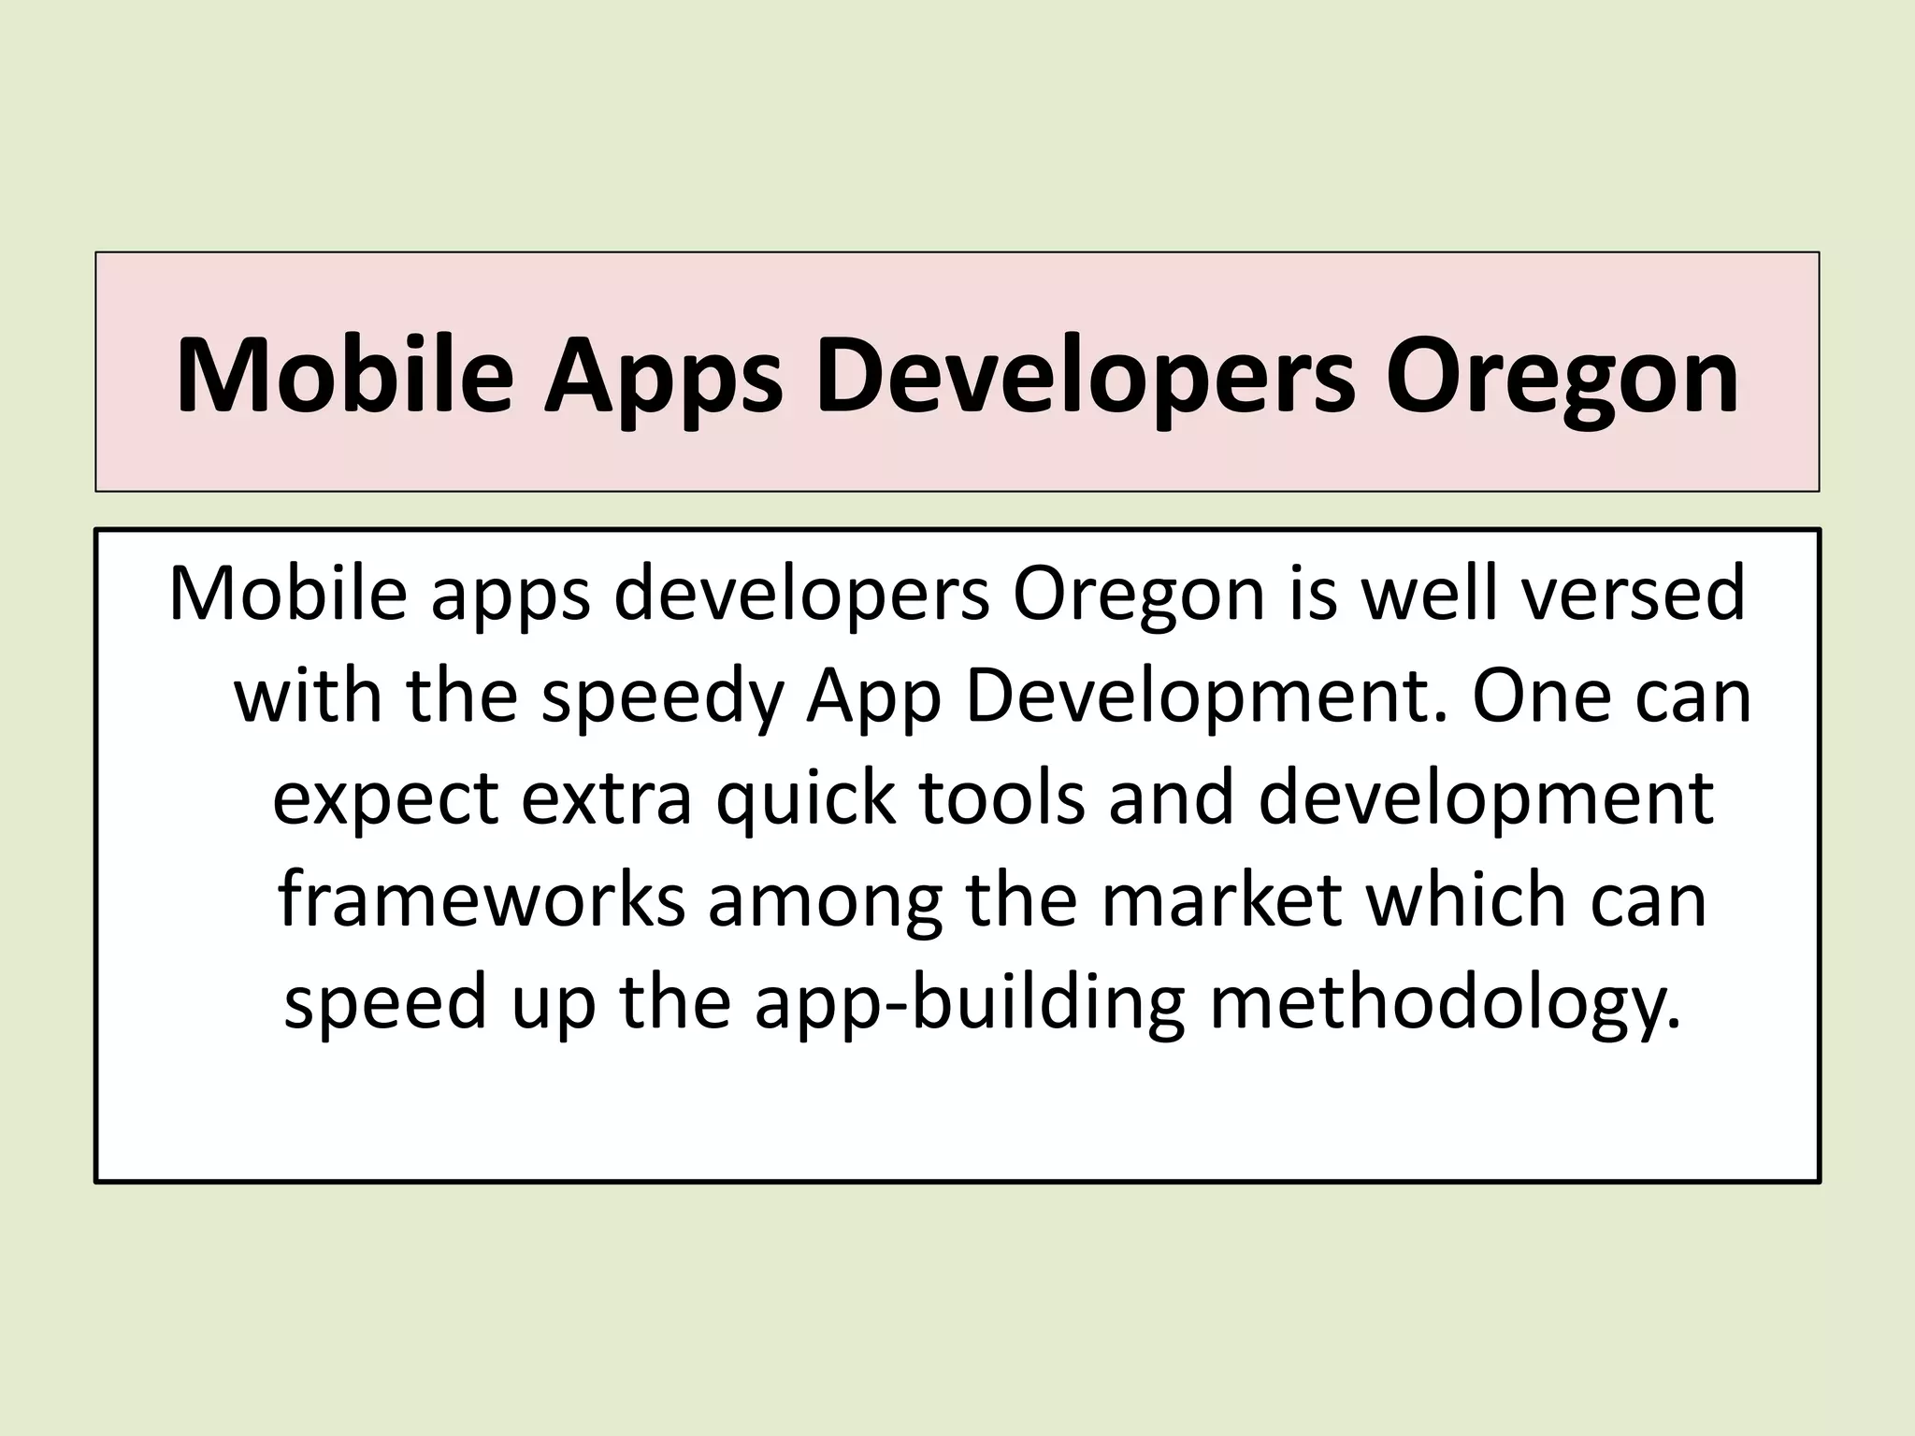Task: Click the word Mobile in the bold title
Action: point(344,376)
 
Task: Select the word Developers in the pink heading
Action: point(1084,376)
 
